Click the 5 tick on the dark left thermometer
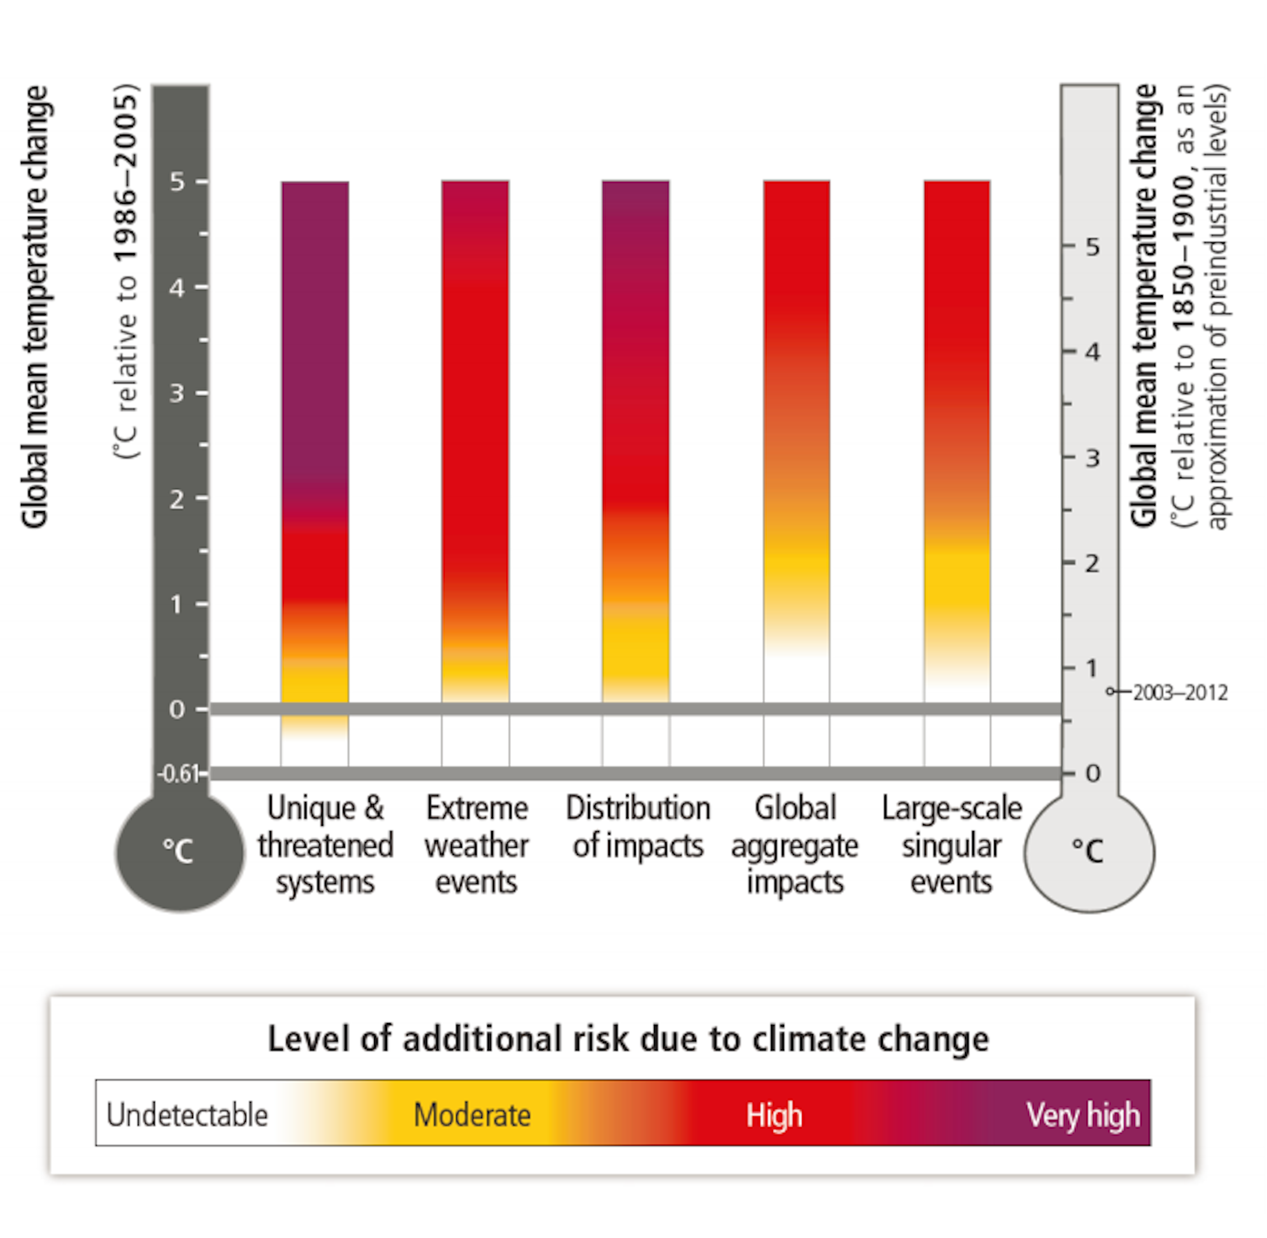point(178,182)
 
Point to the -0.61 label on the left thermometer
point(178,774)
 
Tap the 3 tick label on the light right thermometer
point(1093,459)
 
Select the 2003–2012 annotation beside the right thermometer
point(1180,693)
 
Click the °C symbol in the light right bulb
point(1088,851)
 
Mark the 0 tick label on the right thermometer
point(1093,774)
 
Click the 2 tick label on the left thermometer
point(176,499)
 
